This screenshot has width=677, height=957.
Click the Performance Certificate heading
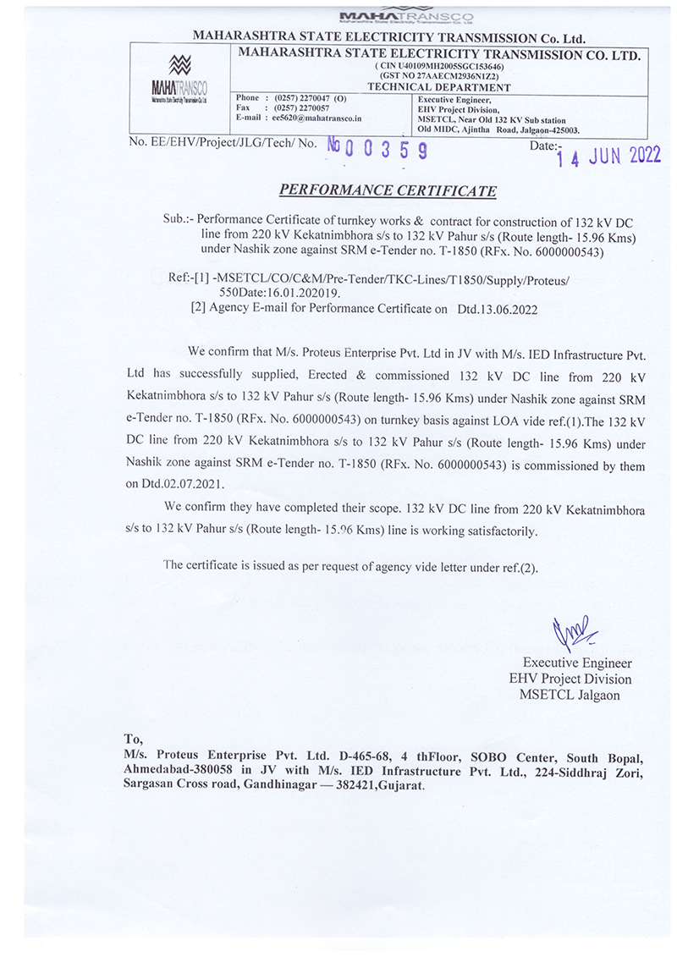(388, 190)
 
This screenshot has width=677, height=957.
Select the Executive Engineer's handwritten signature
(573, 631)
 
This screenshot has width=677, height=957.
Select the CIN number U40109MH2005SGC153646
(439, 66)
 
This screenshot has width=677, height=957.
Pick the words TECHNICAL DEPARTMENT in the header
(439, 86)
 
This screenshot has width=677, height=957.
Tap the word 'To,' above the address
(134, 738)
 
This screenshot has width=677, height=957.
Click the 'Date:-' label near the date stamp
(545, 146)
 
